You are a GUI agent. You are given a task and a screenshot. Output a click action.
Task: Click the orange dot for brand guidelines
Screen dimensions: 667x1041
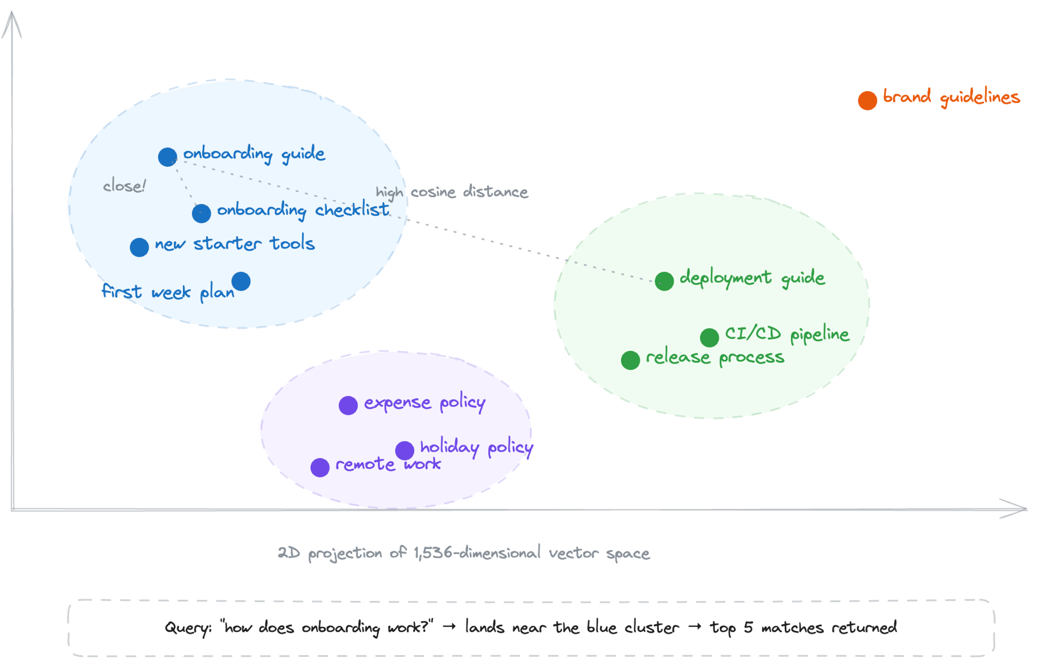click(867, 100)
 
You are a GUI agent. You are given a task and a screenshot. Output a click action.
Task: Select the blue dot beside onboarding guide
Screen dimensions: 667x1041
click(167, 157)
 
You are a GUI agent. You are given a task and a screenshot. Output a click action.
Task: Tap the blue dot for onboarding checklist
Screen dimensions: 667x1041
click(201, 213)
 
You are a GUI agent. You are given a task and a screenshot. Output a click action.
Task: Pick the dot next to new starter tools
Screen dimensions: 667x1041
click(139, 247)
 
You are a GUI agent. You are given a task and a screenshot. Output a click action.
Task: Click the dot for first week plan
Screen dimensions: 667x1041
click(241, 281)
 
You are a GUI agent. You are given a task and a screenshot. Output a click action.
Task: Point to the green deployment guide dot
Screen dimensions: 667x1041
click(664, 281)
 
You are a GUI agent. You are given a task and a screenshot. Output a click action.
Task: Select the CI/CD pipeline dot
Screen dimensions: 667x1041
click(709, 337)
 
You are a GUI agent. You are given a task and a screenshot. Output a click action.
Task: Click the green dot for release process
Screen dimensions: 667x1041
click(630, 360)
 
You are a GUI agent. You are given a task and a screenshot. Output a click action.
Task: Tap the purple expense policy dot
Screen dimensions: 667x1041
click(348, 405)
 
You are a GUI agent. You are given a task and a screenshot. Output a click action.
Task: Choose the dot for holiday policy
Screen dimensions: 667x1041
click(405, 450)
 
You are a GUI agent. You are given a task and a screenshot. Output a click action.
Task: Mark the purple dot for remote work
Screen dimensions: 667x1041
click(320, 467)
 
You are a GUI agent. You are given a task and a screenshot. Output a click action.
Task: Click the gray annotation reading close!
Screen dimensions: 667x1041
click(125, 186)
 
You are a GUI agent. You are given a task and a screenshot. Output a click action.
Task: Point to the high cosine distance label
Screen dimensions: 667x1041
click(452, 192)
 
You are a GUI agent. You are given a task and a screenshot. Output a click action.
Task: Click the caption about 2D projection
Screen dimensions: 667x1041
click(464, 553)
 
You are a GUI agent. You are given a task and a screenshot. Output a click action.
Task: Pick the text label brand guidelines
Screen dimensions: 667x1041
click(951, 97)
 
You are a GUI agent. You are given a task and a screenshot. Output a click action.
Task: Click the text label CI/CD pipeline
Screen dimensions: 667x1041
click(787, 334)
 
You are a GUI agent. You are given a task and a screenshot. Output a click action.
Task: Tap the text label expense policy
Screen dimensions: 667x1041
click(424, 403)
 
